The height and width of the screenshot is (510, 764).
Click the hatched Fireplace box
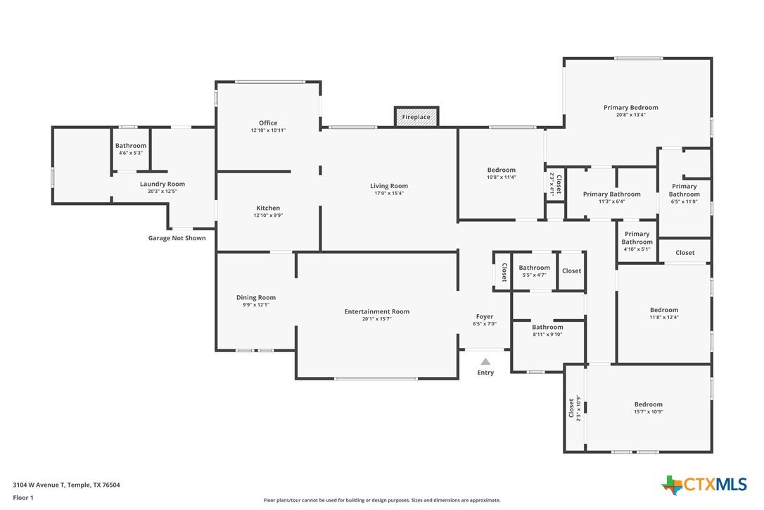(416, 117)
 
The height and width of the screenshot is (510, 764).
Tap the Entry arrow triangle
(485, 361)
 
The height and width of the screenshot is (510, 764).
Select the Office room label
(268, 123)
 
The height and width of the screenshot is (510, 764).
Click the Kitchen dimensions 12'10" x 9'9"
(268, 216)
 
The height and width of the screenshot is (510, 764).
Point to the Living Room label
(389, 186)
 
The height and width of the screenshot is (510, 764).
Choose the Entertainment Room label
(376, 311)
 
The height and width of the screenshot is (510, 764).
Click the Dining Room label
(256, 297)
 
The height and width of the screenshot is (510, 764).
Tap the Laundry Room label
(163, 184)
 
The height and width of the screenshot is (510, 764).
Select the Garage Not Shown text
(177, 238)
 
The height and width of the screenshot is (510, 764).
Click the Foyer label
(484, 317)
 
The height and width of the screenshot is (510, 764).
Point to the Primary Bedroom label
(630, 107)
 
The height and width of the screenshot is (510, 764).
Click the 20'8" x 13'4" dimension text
(630, 116)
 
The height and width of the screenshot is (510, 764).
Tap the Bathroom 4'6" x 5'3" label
(131, 149)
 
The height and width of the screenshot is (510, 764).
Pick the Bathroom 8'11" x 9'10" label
(547, 330)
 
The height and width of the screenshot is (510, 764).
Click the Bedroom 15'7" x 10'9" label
(648, 408)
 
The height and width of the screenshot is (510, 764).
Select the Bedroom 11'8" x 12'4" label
(663, 313)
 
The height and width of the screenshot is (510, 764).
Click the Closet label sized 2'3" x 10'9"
(575, 408)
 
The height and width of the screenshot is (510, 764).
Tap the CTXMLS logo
(703, 485)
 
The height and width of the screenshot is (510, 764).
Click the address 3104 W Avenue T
(39, 485)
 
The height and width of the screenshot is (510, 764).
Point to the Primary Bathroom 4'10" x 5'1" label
(637, 241)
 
